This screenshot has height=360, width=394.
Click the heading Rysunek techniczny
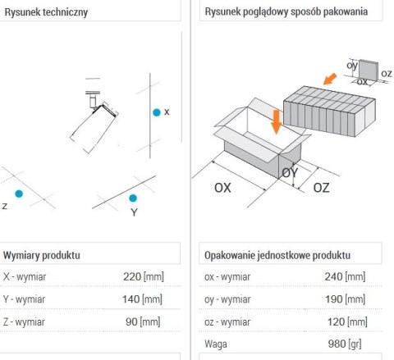click(x=46, y=12)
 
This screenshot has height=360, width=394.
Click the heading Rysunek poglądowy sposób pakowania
click(x=286, y=11)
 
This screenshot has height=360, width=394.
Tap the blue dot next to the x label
click(x=157, y=112)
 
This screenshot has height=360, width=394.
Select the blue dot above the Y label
click(x=133, y=198)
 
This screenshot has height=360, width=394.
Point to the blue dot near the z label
click(x=19, y=194)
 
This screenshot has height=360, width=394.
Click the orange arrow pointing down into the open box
click(x=277, y=121)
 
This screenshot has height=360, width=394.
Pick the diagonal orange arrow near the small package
click(x=330, y=79)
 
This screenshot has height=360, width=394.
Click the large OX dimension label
click(x=222, y=188)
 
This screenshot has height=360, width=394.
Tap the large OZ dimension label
click(x=321, y=188)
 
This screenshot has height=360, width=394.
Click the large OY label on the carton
click(x=290, y=173)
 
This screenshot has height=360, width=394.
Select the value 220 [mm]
click(x=144, y=276)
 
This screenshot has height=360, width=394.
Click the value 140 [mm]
click(x=142, y=299)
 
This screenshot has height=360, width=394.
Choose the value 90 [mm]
click(x=143, y=321)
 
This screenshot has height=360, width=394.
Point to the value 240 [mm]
click(x=345, y=276)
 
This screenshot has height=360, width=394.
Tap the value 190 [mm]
click(x=345, y=299)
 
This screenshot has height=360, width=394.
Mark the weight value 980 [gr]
click(x=345, y=344)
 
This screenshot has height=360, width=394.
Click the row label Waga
click(x=216, y=344)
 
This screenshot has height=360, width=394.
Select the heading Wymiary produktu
click(x=42, y=255)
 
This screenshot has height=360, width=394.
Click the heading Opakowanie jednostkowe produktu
click(x=277, y=255)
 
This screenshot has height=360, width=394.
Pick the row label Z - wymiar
click(x=24, y=322)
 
